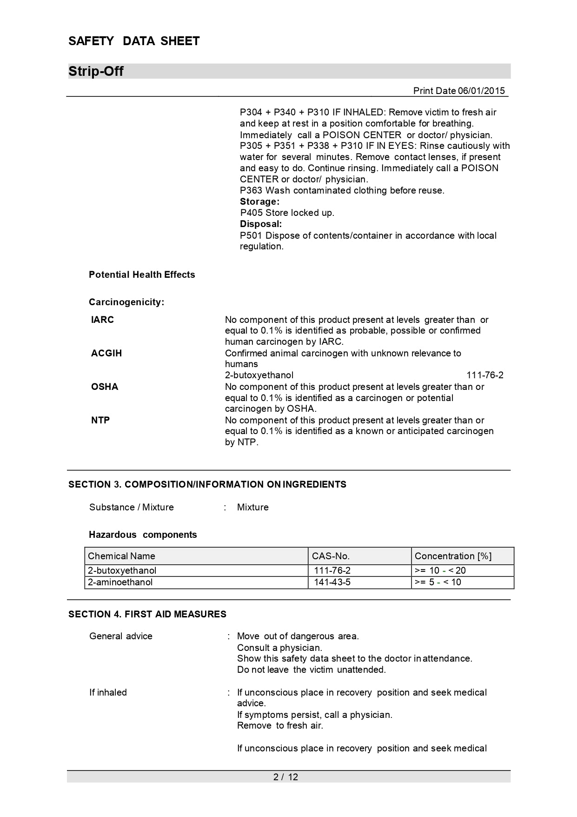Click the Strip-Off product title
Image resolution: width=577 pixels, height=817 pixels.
click(x=96, y=71)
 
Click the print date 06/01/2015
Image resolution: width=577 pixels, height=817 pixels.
click(x=481, y=91)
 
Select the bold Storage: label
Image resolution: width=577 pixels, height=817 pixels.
click(x=259, y=201)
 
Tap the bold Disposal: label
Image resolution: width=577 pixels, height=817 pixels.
click(x=261, y=224)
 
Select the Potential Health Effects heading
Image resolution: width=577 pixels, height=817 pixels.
click(x=142, y=275)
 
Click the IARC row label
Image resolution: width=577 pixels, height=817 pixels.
click(x=102, y=320)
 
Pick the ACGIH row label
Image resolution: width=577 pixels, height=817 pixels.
click(x=106, y=353)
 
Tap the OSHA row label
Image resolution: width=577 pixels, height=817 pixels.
click(x=105, y=387)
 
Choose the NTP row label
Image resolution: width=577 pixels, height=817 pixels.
click(x=100, y=420)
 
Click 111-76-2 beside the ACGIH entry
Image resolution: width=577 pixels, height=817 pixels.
click(x=484, y=375)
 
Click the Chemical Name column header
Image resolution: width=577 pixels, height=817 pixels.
click(x=121, y=556)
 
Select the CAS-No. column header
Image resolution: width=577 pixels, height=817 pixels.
click(x=331, y=556)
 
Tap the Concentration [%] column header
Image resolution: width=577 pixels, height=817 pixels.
click(x=453, y=556)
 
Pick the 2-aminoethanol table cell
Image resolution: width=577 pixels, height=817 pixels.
click(x=120, y=582)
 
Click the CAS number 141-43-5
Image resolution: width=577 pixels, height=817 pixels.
click(x=332, y=582)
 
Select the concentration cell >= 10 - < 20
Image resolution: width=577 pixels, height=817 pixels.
click(x=440, y=570)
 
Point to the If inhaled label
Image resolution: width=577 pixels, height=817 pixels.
click(x=108, y=692)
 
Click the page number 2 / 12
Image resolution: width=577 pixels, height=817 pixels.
click(x=285, y=777)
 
